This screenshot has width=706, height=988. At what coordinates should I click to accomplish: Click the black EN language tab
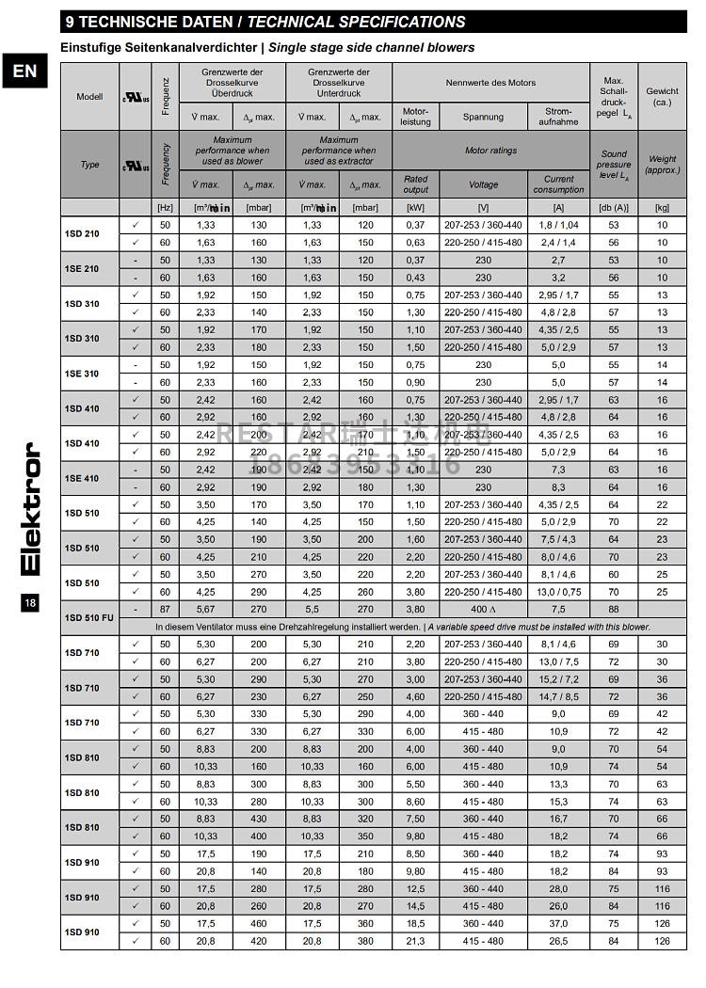(24, 72)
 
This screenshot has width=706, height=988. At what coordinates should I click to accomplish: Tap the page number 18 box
(30, 603)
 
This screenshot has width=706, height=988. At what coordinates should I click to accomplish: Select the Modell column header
(89, 97)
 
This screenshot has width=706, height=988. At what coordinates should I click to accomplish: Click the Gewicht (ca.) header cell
(663, 96)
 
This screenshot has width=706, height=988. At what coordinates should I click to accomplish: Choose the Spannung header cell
(483, 117)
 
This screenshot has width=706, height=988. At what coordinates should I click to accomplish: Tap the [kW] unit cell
(415, 207)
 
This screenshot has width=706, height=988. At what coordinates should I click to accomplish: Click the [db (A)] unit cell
(614, 207)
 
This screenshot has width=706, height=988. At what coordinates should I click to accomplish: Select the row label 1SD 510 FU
(89, 617)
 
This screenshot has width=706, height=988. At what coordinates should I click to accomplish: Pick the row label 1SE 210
(82, 269)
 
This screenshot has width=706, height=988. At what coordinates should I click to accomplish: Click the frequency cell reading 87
(165, 609)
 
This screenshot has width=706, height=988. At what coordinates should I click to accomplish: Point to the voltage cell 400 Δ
(483, 609)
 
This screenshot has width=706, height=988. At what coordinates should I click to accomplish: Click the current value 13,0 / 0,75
(558, 592)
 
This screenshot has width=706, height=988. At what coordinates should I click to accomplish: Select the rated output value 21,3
(415, 941)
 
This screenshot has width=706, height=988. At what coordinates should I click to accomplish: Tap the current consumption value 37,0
(558, 923)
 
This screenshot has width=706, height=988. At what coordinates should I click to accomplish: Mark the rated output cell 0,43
(415, 278)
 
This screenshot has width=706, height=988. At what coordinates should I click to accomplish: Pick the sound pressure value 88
(614, 609)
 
